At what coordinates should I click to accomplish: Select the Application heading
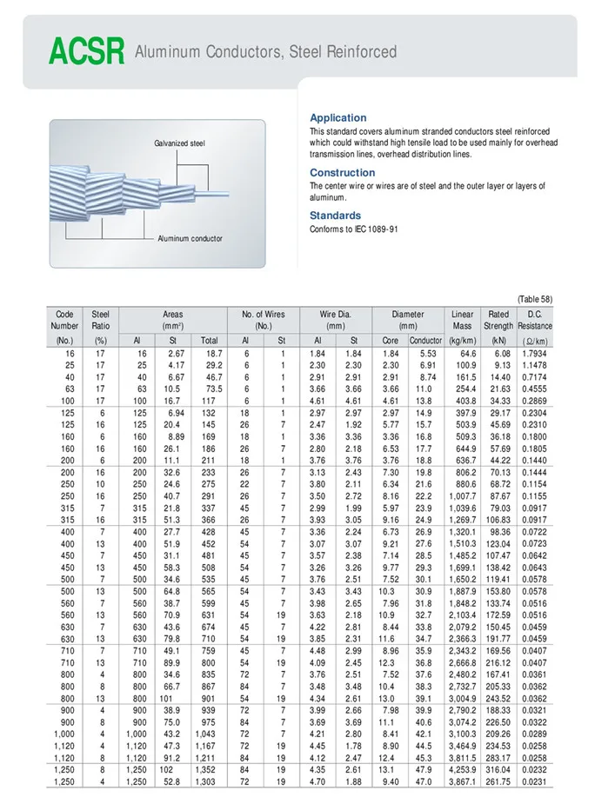coord(338,117)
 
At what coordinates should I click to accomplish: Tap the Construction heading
coord(342,173)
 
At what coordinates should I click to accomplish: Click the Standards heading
coord(336,216)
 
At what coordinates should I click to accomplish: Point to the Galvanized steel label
coord(179,143)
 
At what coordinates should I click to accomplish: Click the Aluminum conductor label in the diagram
coord(190,238)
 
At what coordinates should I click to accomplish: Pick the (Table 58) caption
coord(534,299)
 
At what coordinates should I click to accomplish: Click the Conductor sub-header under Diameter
coord(425,341)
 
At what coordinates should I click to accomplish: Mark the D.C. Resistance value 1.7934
coord(535,354)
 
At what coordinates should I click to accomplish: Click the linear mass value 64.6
coord(467,354)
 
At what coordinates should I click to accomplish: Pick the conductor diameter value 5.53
coord(427,354)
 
